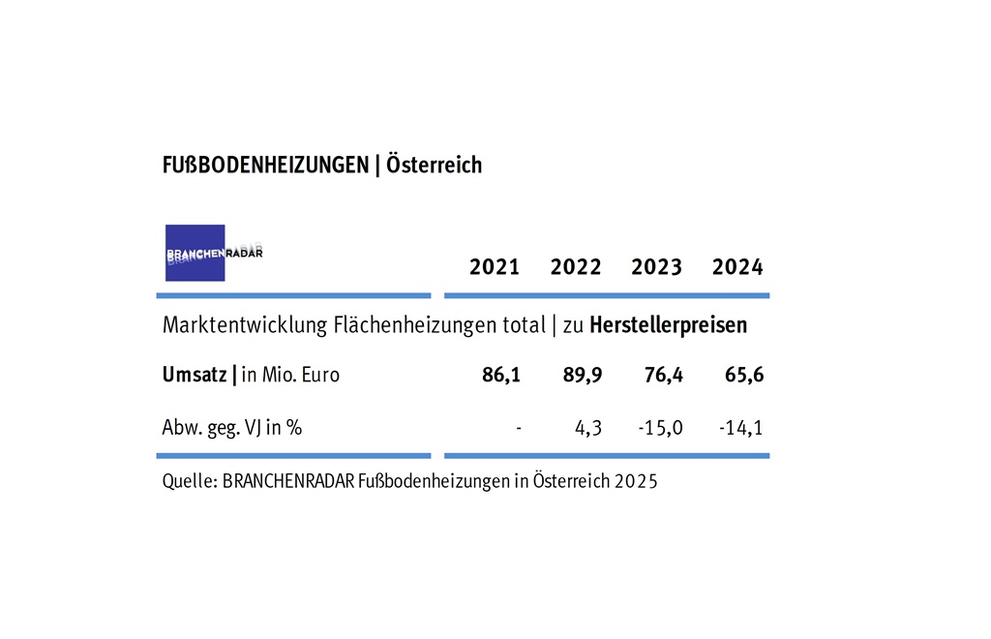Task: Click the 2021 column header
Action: (495, 267)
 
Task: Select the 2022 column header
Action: (576, 267)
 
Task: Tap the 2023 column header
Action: (656, 267)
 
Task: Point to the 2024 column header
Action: (737, 267)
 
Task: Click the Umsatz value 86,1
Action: (501, 375)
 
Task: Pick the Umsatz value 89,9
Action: (583, 375)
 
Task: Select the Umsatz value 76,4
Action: (664, 375)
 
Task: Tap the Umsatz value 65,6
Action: (744, 375)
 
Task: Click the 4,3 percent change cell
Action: (589, 427)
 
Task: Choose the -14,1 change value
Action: (741, 427)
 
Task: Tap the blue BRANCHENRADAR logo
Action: (195, 253)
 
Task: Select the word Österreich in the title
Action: (434, 165)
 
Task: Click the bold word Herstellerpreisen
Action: (668, 325)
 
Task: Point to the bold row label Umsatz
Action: (195, 375)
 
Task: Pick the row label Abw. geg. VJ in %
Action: (232, 427)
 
